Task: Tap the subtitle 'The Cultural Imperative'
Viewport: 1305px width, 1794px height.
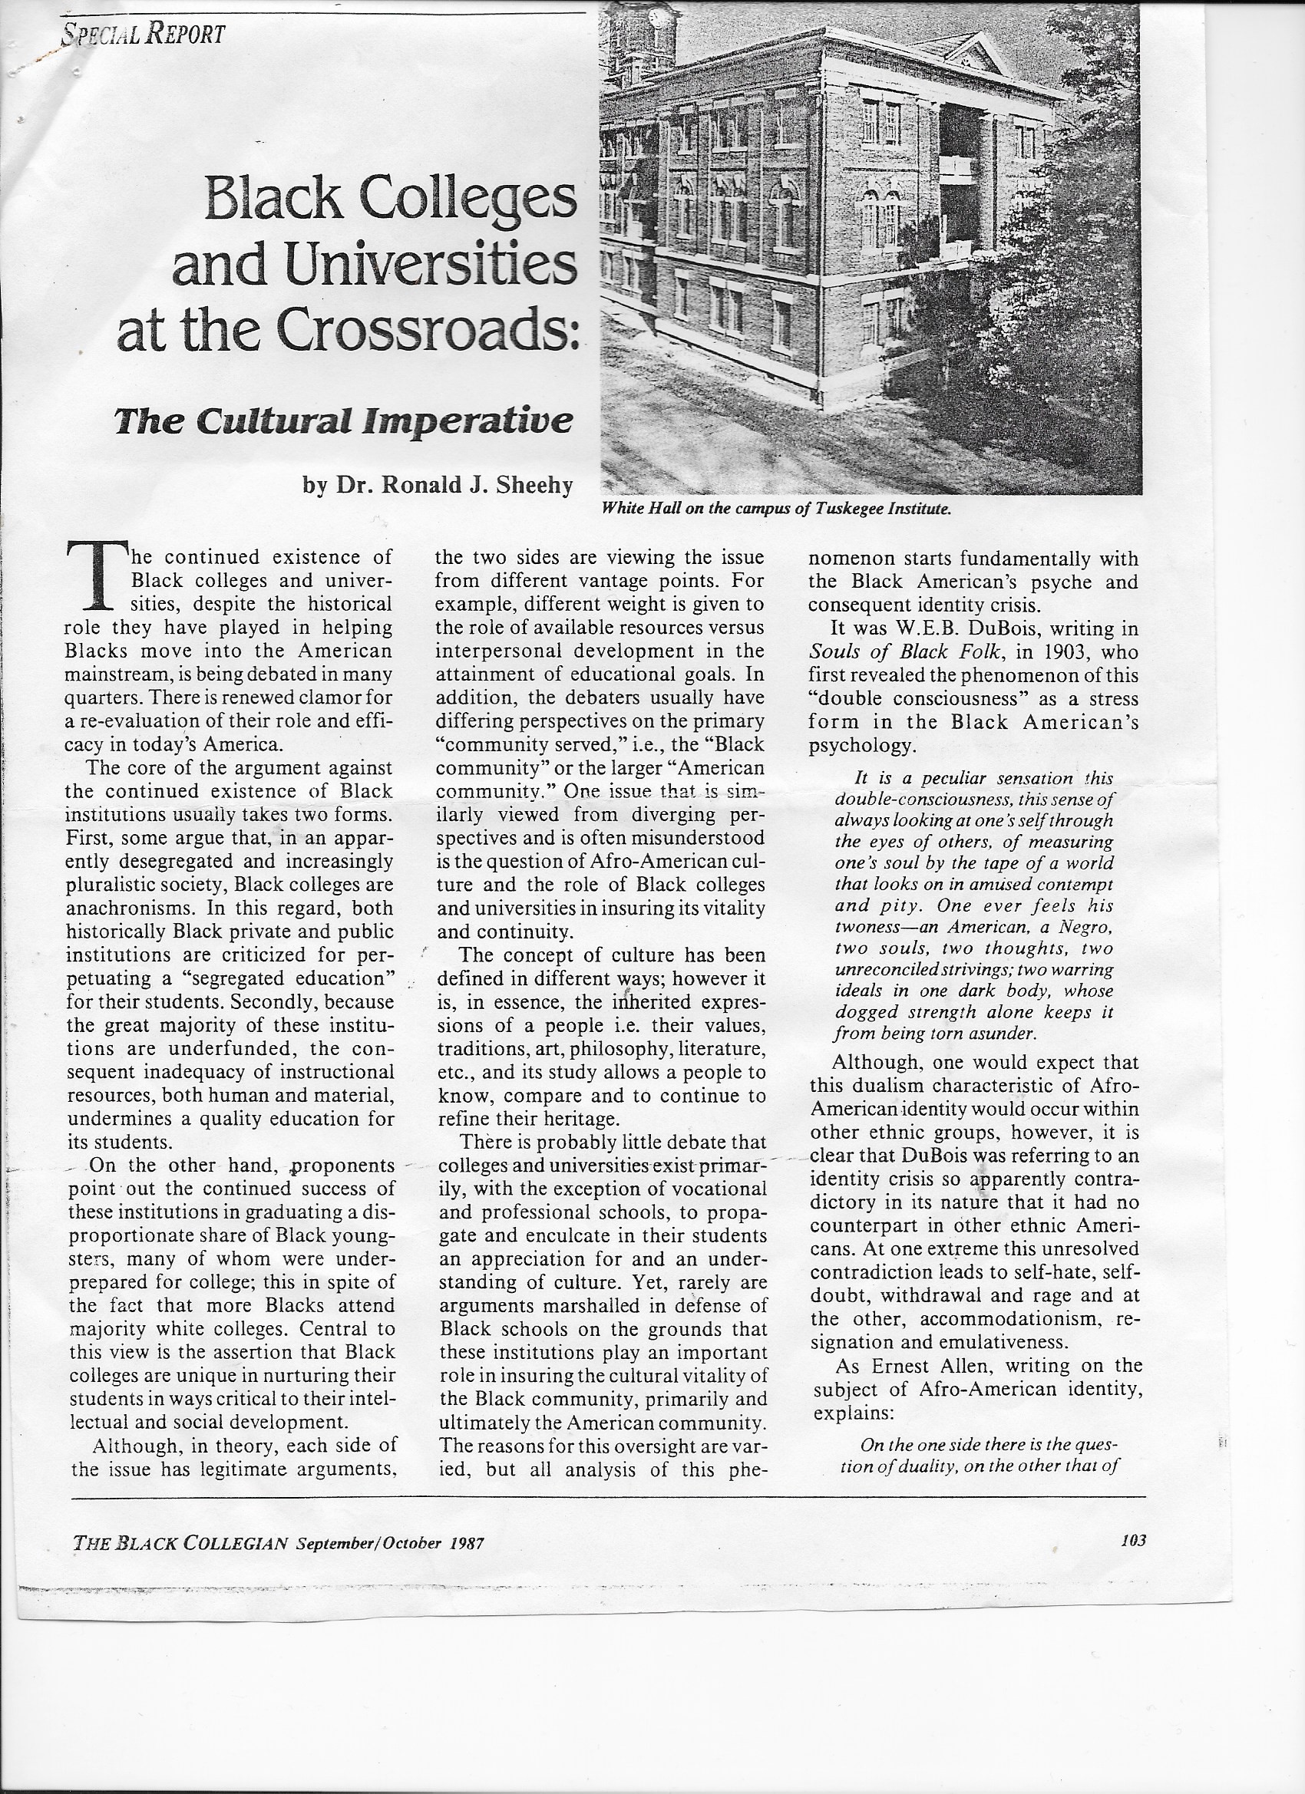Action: pos(342,420)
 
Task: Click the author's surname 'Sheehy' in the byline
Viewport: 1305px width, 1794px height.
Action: pos(534,485)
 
